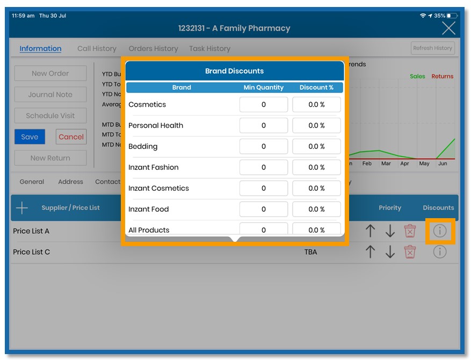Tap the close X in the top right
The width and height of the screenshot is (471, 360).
[448, 28]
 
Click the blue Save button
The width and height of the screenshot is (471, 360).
[30, 137]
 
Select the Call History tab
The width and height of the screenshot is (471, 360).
[97, 48]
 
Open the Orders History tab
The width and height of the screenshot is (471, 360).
[153, 48]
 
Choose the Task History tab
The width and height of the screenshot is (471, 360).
[209, 48]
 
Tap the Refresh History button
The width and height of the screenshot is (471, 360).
[432, 48]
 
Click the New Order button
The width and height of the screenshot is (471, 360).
[50, 74]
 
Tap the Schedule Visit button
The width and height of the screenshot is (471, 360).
[50, 116]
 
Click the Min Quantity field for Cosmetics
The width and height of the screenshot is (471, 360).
[263, 105]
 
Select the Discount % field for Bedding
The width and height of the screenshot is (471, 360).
[316, 147]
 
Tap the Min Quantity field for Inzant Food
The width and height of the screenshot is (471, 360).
[263, 210]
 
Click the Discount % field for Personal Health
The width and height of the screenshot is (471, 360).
[316, 126]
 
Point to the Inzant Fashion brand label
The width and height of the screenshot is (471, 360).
[154, 168]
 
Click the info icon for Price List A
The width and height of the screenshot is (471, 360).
[440, 231]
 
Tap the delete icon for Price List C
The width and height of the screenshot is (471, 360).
[410, 251]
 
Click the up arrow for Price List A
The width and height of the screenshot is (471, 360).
[370, 231]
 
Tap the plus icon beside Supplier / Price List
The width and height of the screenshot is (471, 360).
[22, 208]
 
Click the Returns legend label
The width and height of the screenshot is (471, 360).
[443, 76]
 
